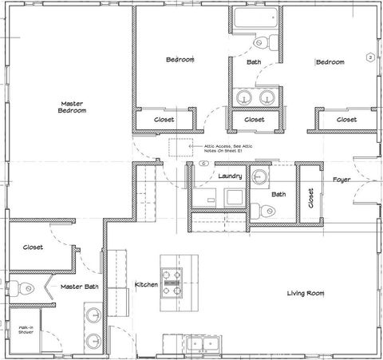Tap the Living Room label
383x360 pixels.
click(306, 294)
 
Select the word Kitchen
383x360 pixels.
click(146, 285)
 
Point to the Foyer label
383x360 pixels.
click(342, 180)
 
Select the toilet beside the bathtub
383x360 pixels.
click(262, 42)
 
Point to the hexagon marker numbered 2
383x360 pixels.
click(369, 57)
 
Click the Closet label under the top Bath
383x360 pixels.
click(254, 120)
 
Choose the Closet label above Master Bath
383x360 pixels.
click(33, 247)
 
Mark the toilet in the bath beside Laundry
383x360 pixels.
click(265, 212)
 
